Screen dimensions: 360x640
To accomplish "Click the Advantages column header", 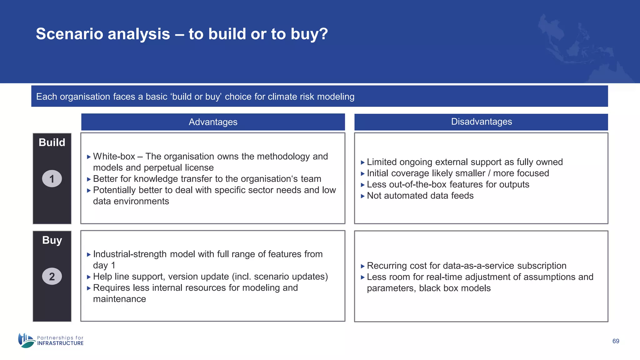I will coord(213,122).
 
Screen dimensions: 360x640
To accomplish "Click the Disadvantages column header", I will coord(481,122).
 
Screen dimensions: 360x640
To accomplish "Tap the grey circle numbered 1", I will coord(52,179).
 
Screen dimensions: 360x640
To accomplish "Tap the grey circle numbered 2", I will coord(52,276).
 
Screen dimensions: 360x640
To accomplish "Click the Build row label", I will coord(52,142).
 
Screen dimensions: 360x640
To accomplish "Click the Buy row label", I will coord(52,240).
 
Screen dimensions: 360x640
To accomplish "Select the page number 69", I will coord(616,341).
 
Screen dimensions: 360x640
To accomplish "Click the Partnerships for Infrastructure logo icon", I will coord(26,340).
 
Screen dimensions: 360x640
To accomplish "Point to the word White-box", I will coord(114,156).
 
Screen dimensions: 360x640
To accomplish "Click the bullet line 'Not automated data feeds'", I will coord(420,196).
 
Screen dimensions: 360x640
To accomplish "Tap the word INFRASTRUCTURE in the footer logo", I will coord(60,343).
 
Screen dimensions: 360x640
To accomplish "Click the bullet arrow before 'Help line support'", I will coord(89,277).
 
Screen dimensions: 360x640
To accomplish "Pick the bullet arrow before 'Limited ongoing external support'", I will coord(362,162).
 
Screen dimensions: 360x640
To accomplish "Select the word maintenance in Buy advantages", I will coord(119,299).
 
